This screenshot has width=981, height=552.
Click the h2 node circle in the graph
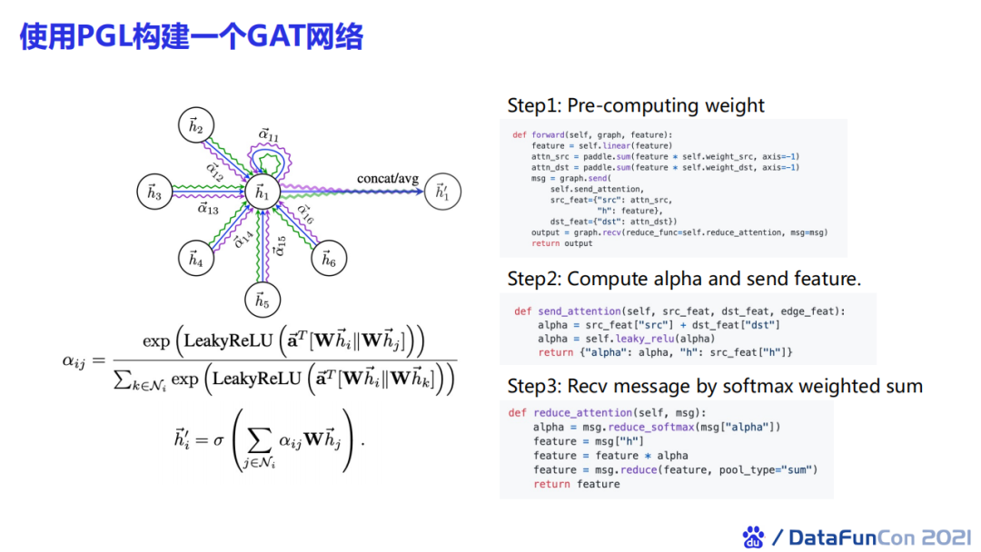click(194, 126)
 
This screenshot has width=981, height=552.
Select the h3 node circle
click(153, 192)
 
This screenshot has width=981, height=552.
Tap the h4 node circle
click(194, 259)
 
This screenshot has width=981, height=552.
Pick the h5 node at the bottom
click(262, 299)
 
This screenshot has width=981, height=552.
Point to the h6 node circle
click(329, 260)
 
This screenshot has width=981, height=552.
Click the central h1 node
click(262, 192)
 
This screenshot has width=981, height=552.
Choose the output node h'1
click(441, 192)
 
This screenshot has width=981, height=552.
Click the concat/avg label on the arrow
click(387, 178)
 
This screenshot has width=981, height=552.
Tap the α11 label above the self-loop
click(269, 135)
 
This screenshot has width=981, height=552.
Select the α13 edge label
click(208, 209)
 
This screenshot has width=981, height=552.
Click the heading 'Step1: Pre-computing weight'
click(636, 105)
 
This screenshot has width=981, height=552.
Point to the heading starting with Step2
click(684, 278)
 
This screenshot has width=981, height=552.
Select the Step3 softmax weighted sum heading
click(715, 386)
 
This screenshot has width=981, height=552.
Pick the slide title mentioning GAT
click(192, 36)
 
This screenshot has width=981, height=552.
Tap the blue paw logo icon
click(753, 537)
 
